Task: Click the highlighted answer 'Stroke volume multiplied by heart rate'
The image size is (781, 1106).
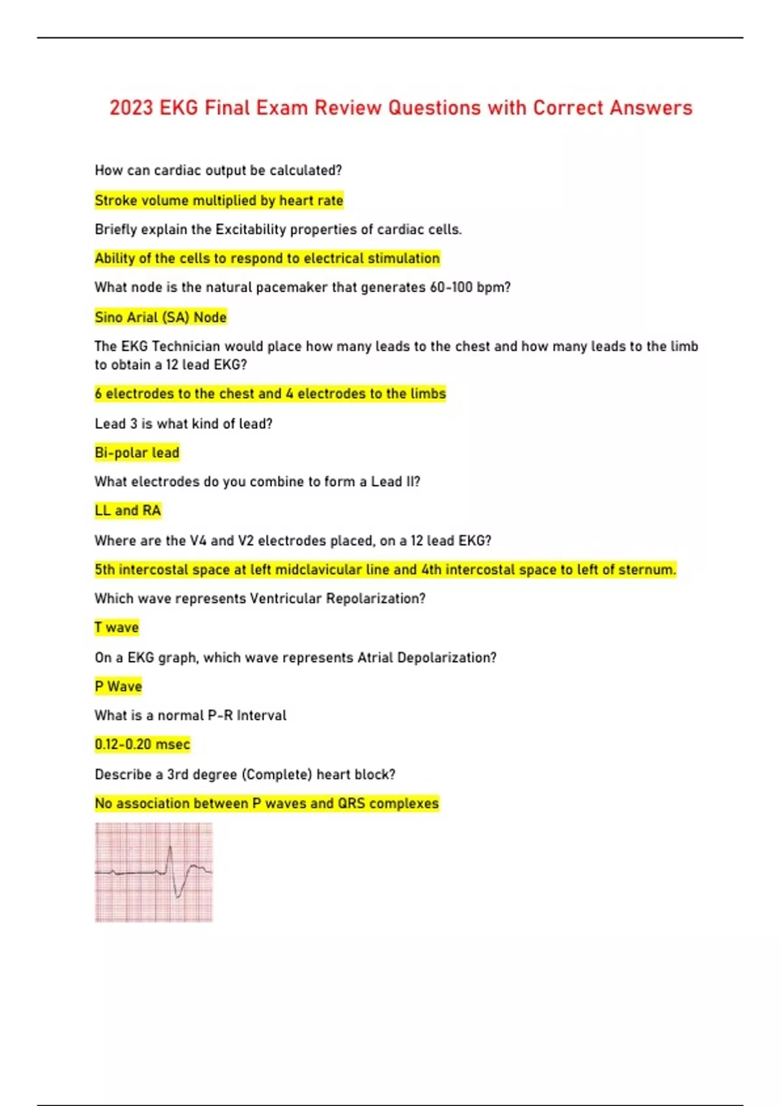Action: pos(219,200)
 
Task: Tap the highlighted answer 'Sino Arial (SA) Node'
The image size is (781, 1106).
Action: pos(161,317)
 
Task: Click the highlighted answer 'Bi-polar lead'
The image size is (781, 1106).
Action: pos(137,453)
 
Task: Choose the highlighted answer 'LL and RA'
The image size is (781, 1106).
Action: pos(128,511)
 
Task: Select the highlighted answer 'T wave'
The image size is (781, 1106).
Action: pos(116,628)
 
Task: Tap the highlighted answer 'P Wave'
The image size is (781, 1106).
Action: pos(118,686)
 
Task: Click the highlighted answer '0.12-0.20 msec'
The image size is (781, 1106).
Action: pos(143,744)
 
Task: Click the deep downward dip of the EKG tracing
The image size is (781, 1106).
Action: pos(178,896)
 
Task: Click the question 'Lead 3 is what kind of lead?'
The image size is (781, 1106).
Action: pos(184,424)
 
